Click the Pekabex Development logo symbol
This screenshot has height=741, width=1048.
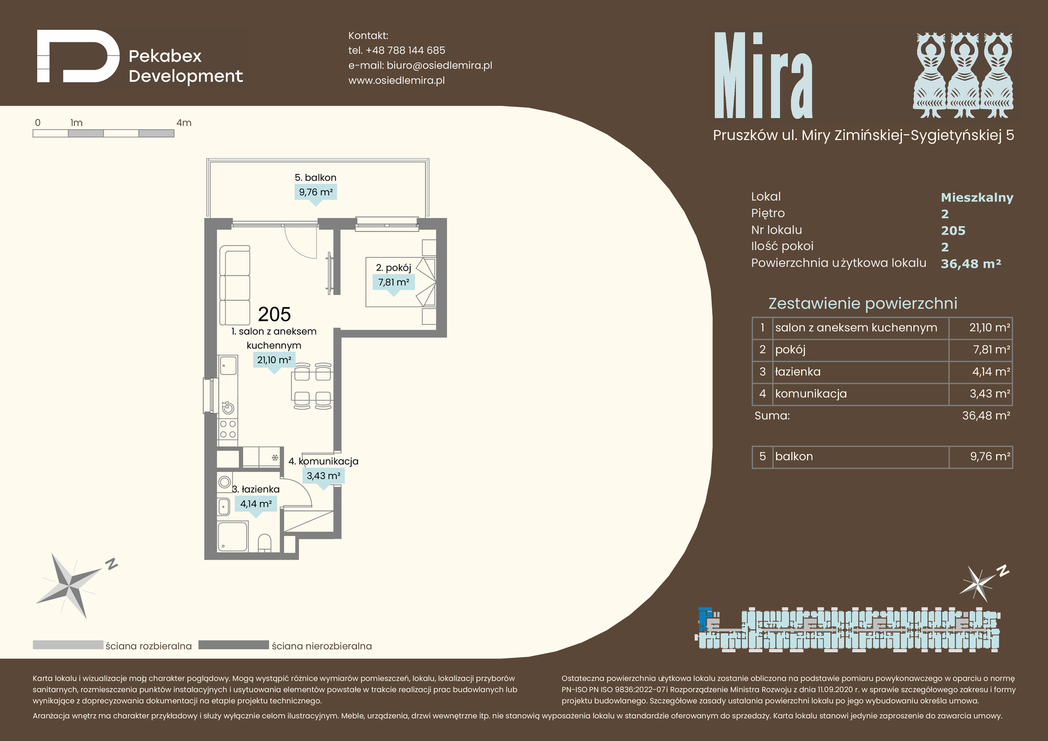coord(79,57)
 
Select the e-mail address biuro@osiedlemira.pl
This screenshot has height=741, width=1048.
coord(439,66)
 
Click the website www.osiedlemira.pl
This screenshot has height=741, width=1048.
coord(397,80)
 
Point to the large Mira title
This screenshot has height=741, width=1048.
coord(763,75)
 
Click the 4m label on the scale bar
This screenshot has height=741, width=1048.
coord(184,123)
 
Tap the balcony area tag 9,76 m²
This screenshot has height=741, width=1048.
coord(315,192)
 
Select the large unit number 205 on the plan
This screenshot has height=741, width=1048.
coord(275,314)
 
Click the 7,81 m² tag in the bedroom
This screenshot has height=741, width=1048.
coord(394,282)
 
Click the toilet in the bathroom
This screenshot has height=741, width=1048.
coord(265,543)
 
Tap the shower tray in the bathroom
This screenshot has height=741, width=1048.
coord(233,536)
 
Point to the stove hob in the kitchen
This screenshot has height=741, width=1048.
coord(228,429)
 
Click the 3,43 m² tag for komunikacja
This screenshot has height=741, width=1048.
coord(323,476)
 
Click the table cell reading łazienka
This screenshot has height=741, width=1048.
coord(798,372)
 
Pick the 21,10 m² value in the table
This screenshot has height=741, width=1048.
coord(989,328)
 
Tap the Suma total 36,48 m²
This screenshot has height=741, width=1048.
coord(986,416)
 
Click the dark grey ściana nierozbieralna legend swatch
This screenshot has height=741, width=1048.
coord(234,645)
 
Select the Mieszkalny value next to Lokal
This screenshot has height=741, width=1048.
coord(977,198)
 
